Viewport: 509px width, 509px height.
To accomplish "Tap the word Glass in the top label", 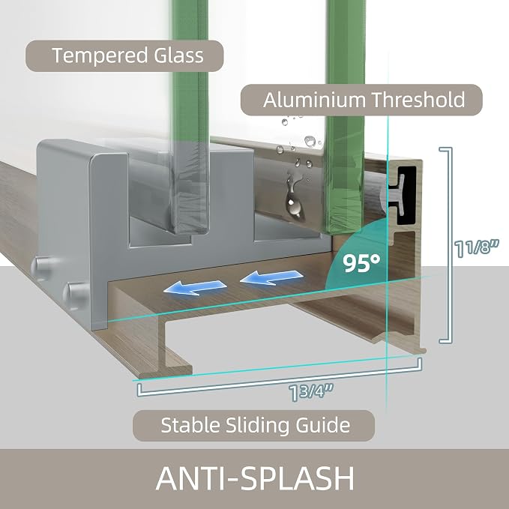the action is coord(179,55).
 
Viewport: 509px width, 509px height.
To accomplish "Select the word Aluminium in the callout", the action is coord(314,100).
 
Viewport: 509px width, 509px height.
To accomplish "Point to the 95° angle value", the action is coord(361,263).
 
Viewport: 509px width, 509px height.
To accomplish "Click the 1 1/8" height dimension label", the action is coord(477,248).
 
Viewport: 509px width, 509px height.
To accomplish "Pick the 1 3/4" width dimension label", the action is coord(311,392).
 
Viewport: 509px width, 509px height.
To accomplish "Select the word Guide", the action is coord(322,425).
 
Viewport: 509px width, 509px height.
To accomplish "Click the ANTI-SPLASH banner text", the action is coord(255,478).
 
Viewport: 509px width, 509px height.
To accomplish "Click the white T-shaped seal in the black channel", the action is coord(396,195).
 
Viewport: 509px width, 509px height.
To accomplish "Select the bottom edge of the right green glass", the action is coord(341,230).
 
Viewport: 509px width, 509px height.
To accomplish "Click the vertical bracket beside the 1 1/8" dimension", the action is coord(451,245).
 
